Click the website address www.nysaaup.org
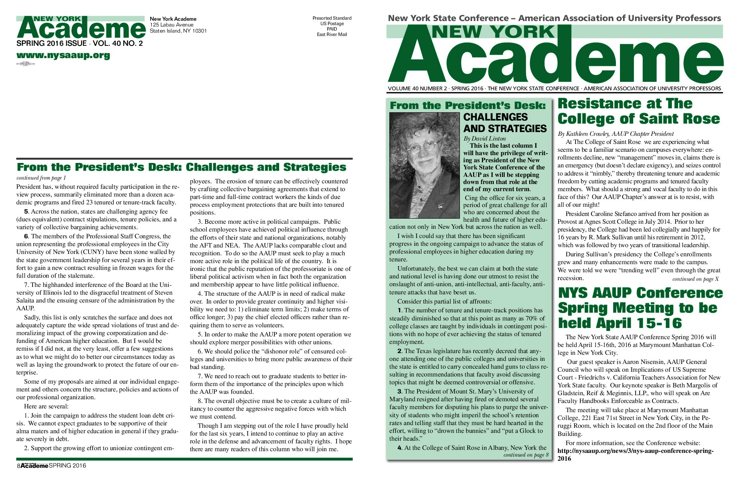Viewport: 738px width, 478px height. pyautogui.click(x=63, y=55)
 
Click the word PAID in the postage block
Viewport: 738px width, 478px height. pyautogui.click(x=332, y=29)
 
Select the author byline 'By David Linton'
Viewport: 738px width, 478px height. pyautogui.click(x=484, y=139)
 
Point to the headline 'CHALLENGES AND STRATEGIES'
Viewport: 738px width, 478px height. pyautogui.click(x=505, y=123)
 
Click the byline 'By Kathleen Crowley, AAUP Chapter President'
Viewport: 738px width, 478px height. pyautogui.click(x=615, y=134)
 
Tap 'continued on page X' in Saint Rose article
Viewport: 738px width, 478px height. pyautogui.click(x=695, y=279)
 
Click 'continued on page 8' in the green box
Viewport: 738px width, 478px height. pyautogui.click(x=526, y=455)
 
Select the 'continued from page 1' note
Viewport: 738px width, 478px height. pyautogui.click(x=41, y=178)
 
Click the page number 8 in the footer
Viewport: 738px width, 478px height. pyautogui.click(x=18, y=466)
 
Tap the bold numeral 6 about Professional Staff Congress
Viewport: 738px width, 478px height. pyautogui.click(x=26, y=236)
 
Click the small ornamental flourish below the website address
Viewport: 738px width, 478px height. pyautogui.click(x=25, y=63)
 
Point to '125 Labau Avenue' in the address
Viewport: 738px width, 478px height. pyautogui.click(x=172, y=25)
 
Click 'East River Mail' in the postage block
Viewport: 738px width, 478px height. pyautogui.click(x=332, y=34)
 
